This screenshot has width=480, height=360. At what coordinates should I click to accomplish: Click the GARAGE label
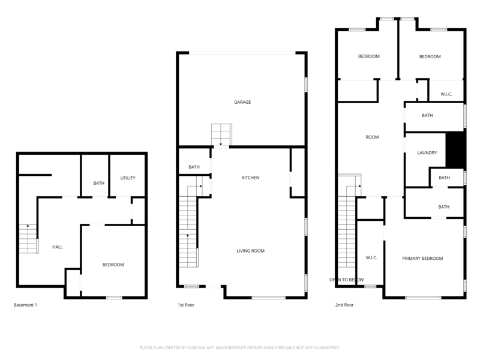point(242,102)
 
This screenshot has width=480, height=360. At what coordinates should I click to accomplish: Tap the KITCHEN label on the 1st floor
point(250,178)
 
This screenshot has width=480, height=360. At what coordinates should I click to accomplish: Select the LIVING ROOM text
point(250,251)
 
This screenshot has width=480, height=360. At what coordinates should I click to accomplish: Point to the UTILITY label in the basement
point(128,178)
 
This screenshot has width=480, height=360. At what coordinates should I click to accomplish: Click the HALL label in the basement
point(57,247)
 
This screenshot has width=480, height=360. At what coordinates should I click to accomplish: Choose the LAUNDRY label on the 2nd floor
point(427,153)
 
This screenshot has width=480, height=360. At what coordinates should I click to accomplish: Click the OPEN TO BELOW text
point(346,280)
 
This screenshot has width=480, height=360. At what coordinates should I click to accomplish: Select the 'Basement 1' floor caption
point(25,305)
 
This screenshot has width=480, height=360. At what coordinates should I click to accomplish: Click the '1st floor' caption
point(185,305)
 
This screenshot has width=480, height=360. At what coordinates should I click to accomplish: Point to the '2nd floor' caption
point(344,305)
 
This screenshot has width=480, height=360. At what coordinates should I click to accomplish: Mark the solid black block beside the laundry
point(456,150)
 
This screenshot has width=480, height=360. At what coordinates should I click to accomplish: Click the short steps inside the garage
point(221,133)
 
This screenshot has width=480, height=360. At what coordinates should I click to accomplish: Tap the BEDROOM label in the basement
point(113,265)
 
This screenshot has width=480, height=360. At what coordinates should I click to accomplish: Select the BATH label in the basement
point(99,183)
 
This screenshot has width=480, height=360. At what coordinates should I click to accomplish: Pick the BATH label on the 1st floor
point(194,167)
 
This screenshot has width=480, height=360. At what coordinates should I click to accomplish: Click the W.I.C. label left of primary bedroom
point(371,258)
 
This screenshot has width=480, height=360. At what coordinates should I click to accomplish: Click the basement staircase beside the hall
point(28,239)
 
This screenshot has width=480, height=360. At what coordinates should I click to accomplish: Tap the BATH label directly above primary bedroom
point(443,207)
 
